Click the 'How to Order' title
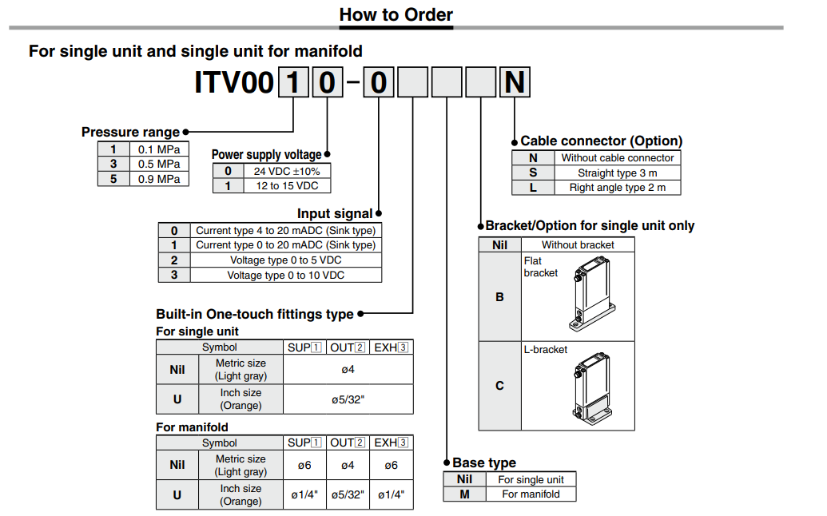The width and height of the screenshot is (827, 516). click(396, 14)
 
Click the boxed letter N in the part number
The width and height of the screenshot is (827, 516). click(515, 82)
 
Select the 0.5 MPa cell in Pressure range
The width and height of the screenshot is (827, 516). click(159, 164)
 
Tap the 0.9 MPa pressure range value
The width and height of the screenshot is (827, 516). click(159, 179)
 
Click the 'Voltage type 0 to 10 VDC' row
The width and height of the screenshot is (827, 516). click(285, 275)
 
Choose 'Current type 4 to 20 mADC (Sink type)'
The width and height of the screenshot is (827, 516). click(285, 230)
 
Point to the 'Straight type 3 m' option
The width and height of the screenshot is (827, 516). click(617, 173)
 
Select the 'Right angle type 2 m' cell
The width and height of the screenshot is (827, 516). click(617, 188)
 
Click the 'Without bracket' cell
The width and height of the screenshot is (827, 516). click(578, 245)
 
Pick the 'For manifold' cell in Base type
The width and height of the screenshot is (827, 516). click(531, 494)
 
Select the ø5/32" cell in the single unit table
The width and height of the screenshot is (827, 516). click(348, 399)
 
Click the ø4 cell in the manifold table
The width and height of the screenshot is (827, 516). click(348, 465)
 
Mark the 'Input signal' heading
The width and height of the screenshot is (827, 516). click(335, 213)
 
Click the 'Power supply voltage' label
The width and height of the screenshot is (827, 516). click(266, 155)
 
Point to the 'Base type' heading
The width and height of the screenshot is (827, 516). click(483, 462)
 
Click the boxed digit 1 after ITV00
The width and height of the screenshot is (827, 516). click(294, 82)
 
